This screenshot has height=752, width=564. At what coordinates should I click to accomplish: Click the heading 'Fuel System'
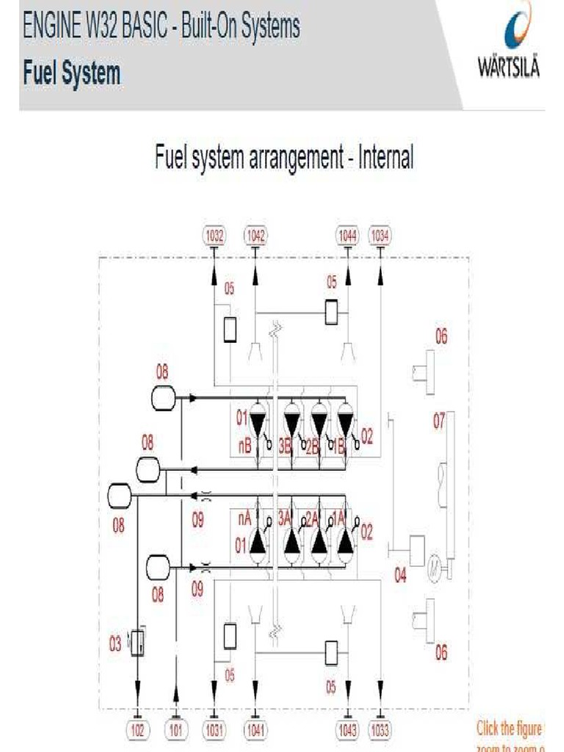pos(71,73)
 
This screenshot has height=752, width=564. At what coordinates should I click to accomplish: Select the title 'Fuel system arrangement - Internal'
pos(284,156)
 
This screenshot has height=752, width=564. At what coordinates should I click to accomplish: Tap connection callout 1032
pos(214,236)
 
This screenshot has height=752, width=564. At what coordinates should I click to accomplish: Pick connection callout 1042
pos(256,236)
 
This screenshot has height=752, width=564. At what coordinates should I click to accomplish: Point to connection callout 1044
pos(347,236)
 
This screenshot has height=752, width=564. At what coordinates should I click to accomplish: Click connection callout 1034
pos(380,236)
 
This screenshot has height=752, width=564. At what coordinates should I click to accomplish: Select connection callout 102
pos(137,731)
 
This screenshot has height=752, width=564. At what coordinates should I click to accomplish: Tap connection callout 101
pos(176,731)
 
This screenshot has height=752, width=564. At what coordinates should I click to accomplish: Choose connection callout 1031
pos(214,731)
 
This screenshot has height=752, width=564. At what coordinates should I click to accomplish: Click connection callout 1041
pos(256,731)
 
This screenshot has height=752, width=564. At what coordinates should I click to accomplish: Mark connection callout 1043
pos(347,731)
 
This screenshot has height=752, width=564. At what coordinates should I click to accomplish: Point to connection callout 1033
pos(380,731)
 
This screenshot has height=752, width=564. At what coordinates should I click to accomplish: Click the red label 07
pos(439,422)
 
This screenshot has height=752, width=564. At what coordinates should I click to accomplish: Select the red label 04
pos(400,576)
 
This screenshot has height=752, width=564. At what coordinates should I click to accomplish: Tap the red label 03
pos(115,644)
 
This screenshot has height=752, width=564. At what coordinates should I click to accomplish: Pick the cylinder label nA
pos(245,518)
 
